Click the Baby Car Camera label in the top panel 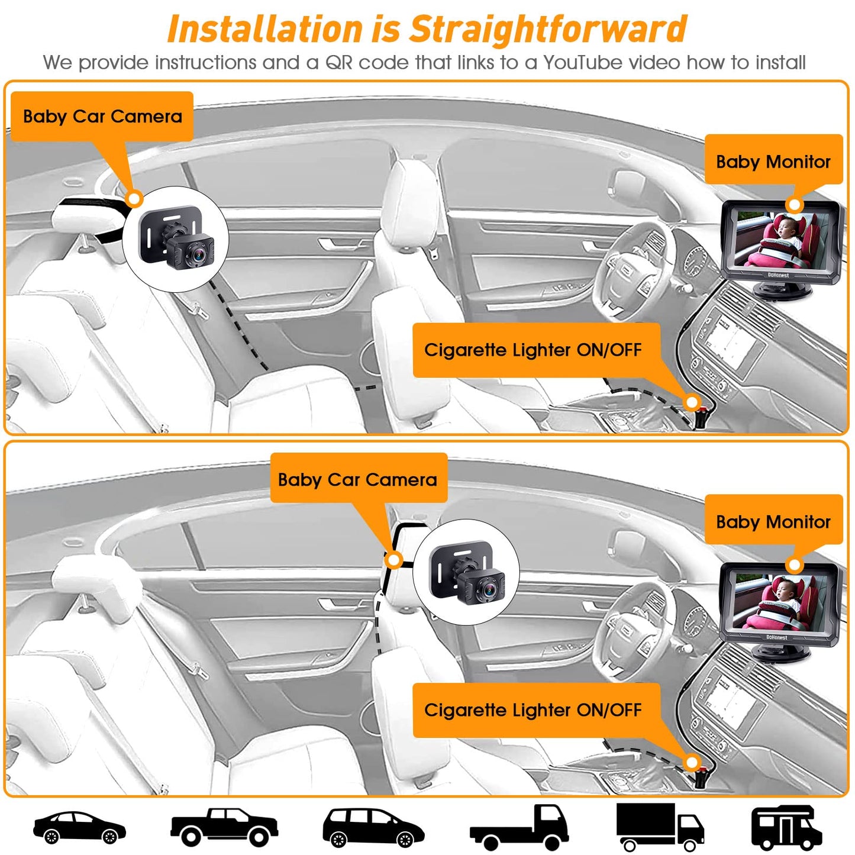(x=102, y=116)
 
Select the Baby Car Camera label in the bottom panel (x=358, y=479)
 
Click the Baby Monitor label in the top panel (x=773, y=161)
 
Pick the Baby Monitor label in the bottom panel (x=773, y=521)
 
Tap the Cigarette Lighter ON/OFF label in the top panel (x=533, y=350)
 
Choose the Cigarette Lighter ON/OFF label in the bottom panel (x=533, y=709)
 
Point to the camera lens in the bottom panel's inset (x=488, y=589)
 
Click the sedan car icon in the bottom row (x=79, y=827)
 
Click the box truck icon (x=659, y=826)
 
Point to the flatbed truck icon (x=519, y=827)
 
